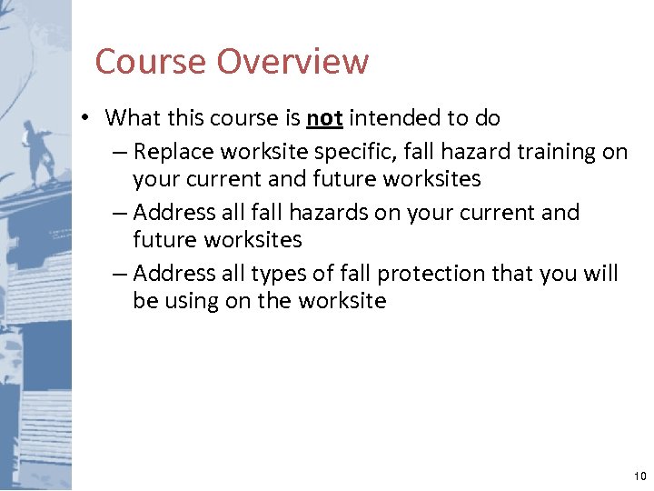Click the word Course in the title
(x=151, y=62)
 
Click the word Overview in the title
(x=292, y=62)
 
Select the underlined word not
(x=324, y=118)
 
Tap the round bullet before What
(x=83, y=119)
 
